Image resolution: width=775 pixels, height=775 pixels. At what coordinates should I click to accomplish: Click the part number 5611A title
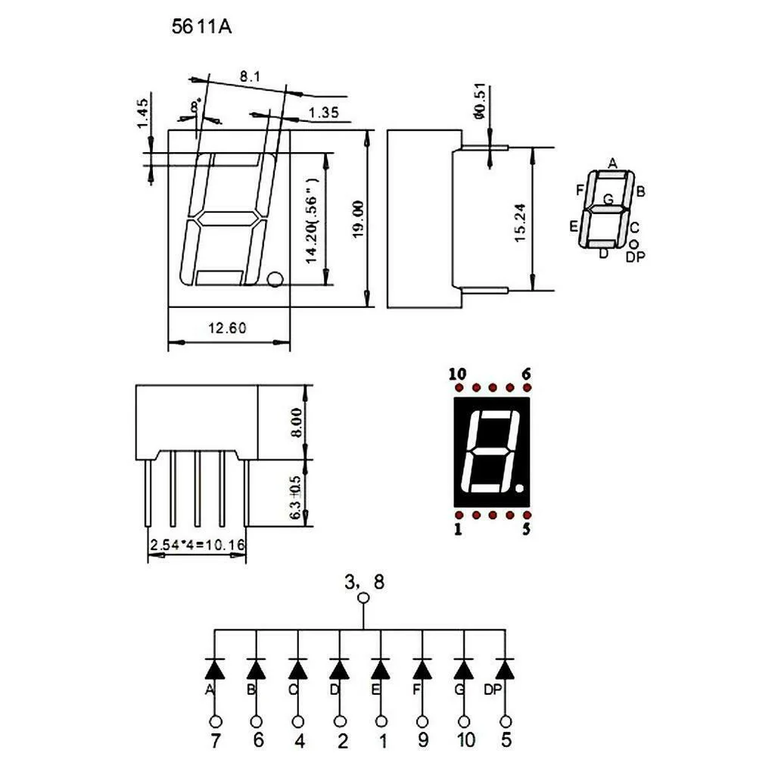pos(201,26)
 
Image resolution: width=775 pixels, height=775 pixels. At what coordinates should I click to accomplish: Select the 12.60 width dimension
pos(227,328)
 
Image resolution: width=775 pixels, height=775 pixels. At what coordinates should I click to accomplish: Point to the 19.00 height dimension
pos(358,219)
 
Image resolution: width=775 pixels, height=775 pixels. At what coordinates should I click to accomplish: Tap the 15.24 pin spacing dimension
pos(520,223)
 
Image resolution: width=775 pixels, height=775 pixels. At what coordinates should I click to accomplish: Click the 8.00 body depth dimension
pos(296,422)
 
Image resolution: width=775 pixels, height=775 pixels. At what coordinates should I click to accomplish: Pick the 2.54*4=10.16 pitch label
pos(198,545)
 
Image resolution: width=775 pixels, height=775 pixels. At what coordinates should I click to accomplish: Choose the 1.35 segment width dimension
pos(324,113)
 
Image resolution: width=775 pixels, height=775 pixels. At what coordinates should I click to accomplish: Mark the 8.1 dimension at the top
pos(250,76)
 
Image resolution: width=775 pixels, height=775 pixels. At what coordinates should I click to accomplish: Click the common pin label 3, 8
pos(364,582)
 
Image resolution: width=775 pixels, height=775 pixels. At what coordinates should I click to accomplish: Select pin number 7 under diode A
pos(215,740)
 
